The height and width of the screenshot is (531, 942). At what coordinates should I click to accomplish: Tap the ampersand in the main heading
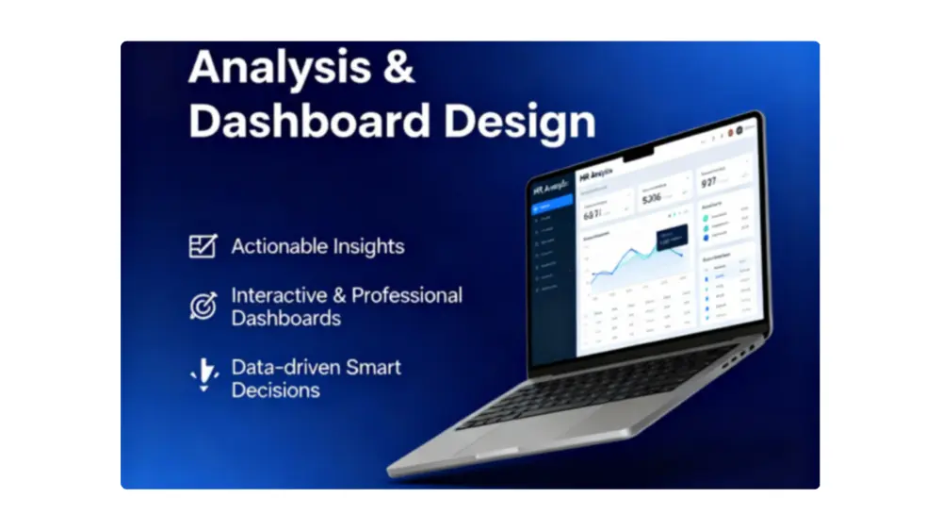[398, 69]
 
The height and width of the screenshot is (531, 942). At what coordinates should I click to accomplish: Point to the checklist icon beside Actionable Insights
[203, 246]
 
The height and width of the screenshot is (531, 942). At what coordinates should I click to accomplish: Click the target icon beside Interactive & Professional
[203, 306]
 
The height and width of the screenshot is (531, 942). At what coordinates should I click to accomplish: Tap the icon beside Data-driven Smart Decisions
[203, 375]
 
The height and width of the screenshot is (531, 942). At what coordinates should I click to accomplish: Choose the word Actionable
[274, 247]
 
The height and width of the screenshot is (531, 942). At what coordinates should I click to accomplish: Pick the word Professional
[407, 295]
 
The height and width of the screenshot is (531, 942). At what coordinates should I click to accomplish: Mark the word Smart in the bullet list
[372, 367]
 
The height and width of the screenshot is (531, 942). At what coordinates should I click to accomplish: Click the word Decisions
[276, 390]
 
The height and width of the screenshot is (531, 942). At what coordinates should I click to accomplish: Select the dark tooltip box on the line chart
[671, 241]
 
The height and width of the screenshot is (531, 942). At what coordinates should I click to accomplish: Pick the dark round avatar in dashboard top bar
[739, 129]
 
